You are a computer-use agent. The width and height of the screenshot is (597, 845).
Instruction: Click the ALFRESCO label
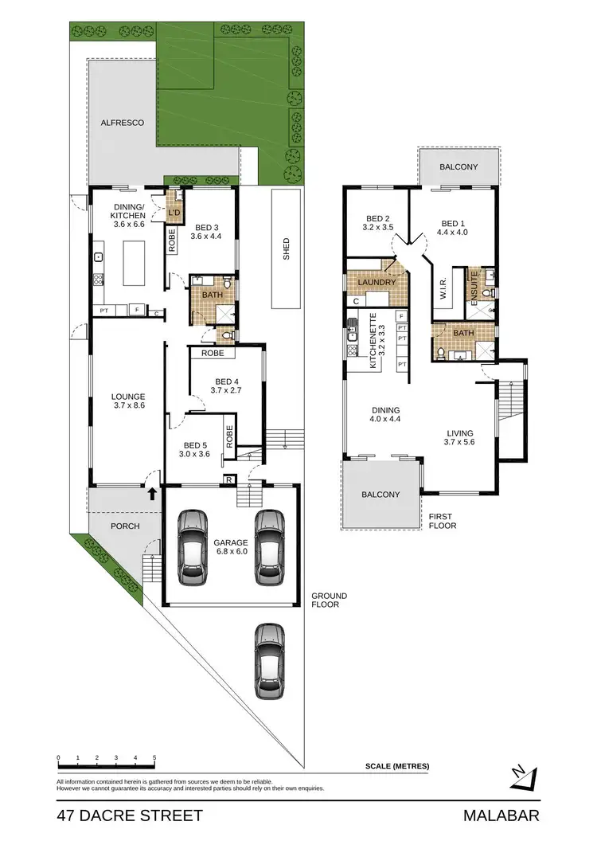click(122, 123)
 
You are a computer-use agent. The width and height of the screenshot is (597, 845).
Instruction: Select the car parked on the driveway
click(270, 660)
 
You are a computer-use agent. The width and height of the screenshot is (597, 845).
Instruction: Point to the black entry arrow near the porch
click(151, 493)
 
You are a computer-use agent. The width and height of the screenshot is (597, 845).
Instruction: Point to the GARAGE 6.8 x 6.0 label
click(231, 546)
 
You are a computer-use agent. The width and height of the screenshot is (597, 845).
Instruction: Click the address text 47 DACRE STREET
click(130, 816)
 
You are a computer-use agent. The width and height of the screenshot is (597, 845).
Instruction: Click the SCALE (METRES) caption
click(397, 766)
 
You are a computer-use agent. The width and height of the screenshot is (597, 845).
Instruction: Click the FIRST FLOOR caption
click(441, 521)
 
